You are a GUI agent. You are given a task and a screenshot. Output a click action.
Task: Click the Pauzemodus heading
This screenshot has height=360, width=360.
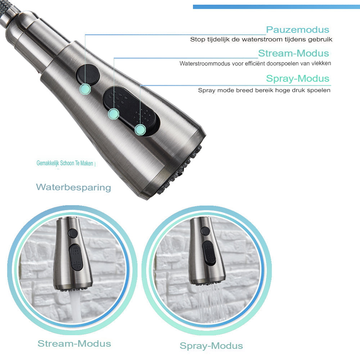click(298, 30)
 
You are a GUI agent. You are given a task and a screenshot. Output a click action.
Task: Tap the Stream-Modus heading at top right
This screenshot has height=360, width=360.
click(294, 53)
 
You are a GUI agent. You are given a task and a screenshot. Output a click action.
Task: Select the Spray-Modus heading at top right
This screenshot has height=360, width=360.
click(298, 78)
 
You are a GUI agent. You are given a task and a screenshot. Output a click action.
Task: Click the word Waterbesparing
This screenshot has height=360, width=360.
click(73, 187)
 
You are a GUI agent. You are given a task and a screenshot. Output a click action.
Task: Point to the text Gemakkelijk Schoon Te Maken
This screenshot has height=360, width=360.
click(65, 163)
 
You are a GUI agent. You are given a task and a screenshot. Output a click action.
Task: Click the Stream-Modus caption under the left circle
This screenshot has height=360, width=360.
click(74, 344)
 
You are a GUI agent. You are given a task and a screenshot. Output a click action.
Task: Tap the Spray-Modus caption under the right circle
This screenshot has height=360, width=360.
click(211, 346)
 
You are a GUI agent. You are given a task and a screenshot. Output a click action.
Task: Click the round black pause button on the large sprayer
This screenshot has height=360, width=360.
click(88, 74)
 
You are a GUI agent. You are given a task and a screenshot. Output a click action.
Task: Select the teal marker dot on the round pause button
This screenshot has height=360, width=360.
click(85, 89)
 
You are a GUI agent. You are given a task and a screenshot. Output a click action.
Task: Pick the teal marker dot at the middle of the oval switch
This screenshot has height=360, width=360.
click(114, 114)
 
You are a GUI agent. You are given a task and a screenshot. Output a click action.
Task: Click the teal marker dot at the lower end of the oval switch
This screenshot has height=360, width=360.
click(140, 130)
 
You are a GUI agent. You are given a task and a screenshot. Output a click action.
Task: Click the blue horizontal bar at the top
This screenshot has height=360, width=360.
click(276, 7)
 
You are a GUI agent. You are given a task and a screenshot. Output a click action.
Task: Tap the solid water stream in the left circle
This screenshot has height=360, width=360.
click(76, 305)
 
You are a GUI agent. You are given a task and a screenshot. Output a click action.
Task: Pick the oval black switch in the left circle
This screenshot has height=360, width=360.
click(76, 257)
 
